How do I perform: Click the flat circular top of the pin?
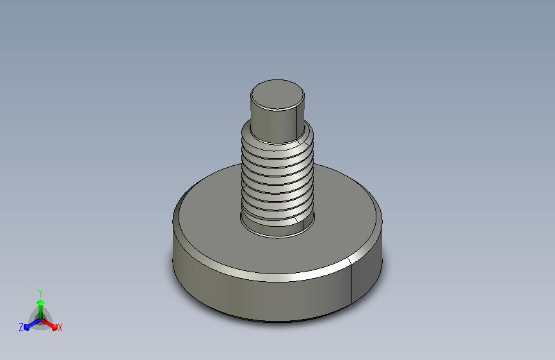click(277, 94)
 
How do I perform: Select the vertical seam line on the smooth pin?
click(296, 123)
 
